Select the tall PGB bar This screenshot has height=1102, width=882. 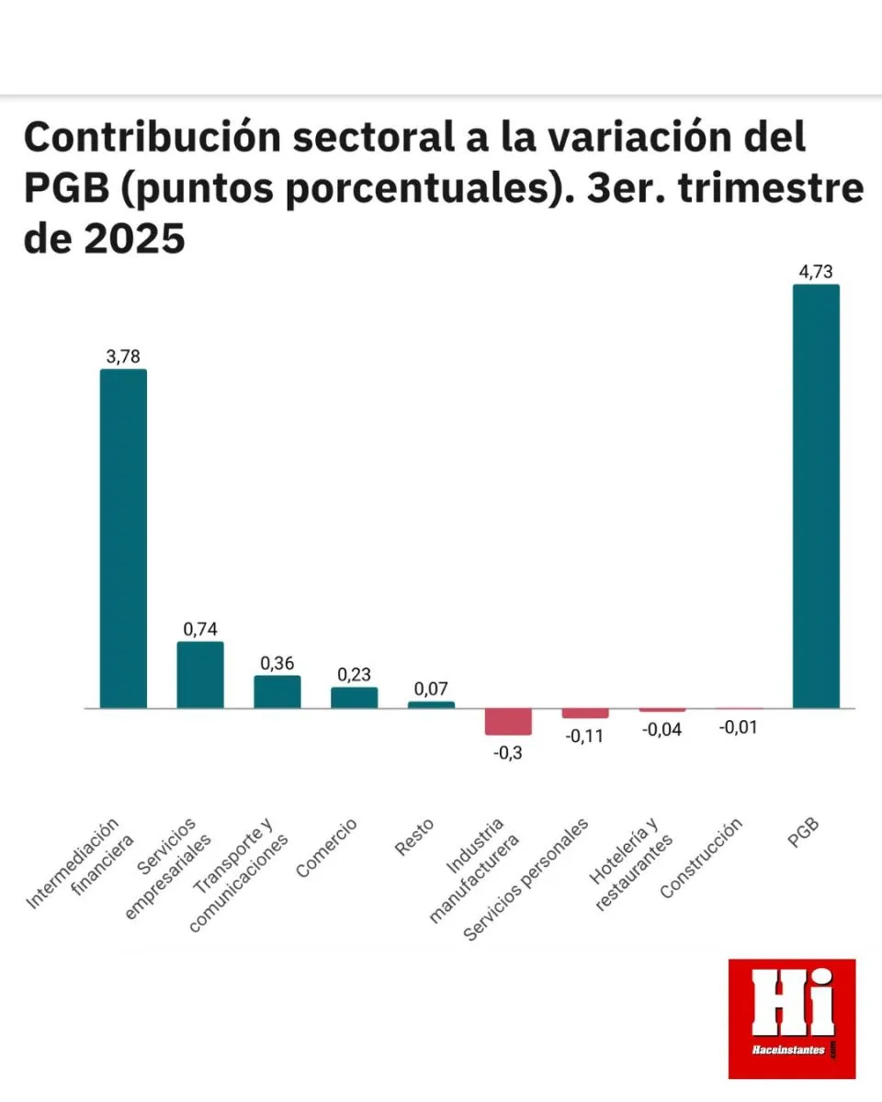pyautogui.click(x=816, y=497)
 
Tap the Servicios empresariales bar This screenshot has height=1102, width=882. pyautogui.click(x=200, y=675)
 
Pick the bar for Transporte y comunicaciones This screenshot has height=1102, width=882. pyautogui.click(x=277, y=692)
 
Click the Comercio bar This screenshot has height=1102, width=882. pyautogui.click(x=354, y=698)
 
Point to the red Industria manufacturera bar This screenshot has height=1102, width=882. pyautogui.click(x=508, y=722)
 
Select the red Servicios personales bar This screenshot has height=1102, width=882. pyautogui.click(x=585, y=714)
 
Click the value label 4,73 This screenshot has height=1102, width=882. pyautogui.click(x=816, y=271)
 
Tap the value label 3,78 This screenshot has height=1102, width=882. pyautogui.click(x=123, y=356)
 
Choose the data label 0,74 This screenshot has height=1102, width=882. pyautogui.click(x=200, y=629)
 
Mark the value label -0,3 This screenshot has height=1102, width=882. pyautogui.click(x=508, y=753)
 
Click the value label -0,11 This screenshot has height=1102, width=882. pyautogui.click(x=585, y=736)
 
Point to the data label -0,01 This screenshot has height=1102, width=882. pyautogui.click(x=739, y=727)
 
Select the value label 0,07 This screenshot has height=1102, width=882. pyautogui.click(x=431, y=688)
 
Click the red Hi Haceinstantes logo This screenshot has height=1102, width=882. pyautogui.click(x=791, y=1018)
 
